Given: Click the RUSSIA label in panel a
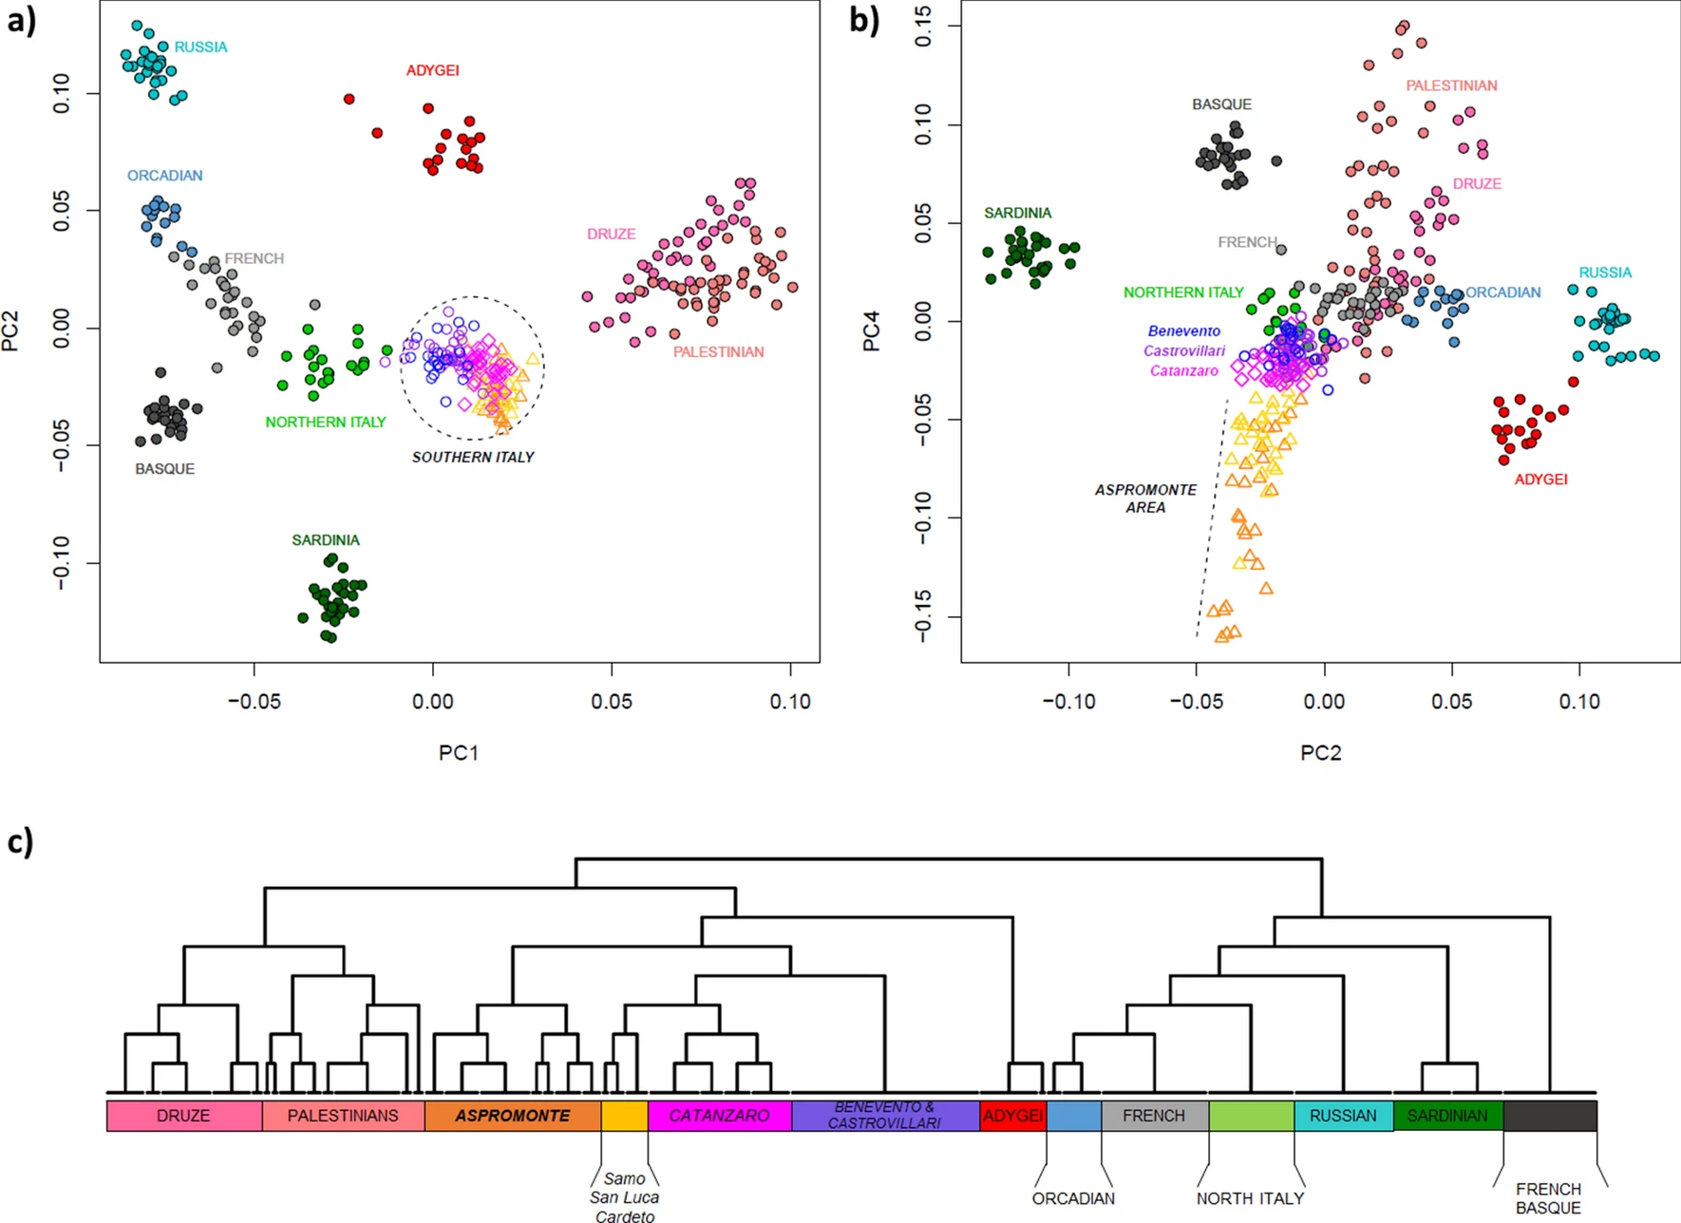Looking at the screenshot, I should pyautogui.click(x=200, y=47).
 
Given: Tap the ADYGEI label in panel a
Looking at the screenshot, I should pyautogui.click(x=432, y=70).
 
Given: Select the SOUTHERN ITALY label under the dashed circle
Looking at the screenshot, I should pyautogui.click(x=473, y=458).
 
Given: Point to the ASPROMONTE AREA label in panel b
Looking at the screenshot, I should pyautogui.click(x=1145, y=499).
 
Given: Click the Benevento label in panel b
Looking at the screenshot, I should pyautogui.click(x=1183, y=331).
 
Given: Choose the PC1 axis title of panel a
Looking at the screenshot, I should pyautogui.click(x=458, y=753).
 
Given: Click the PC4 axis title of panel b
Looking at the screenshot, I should pyautogui.click(x=871, y=331).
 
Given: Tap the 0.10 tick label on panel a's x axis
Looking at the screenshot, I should pyautogui.click(x=789, y=702).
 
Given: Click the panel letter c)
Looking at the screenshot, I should pyautogui.click(x=20, y=841).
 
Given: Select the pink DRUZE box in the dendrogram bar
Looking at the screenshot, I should pyautogui.click(x=183, y=1116).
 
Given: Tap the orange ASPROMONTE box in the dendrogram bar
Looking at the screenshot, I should pyautogui.click(x=512, y=1116).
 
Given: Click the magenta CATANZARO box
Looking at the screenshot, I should pyautogui.click(x=719, y=1116).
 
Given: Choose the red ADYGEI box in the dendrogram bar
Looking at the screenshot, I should pyautogui.click(x=1012, y=1116).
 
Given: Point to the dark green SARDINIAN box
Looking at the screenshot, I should pyautogui.click(x=1447, y=1116).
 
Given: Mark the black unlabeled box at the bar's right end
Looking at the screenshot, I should pyautogui.click(x=1550, y=1116).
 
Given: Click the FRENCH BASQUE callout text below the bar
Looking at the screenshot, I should pyautogui.click(x=1548, y=1198).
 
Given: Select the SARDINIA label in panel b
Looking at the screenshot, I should pyautogui.click(x=1017, y=214).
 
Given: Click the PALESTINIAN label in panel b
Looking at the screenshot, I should pyautogui.click(x=1451, y=85).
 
